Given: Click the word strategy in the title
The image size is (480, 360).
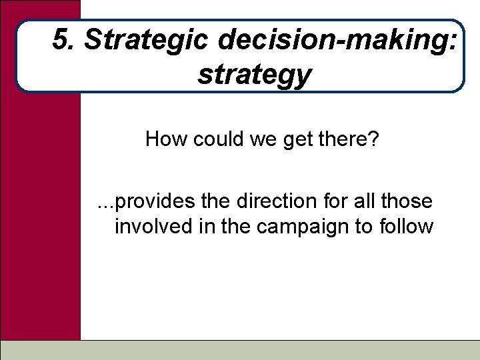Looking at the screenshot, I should [254, 75].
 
